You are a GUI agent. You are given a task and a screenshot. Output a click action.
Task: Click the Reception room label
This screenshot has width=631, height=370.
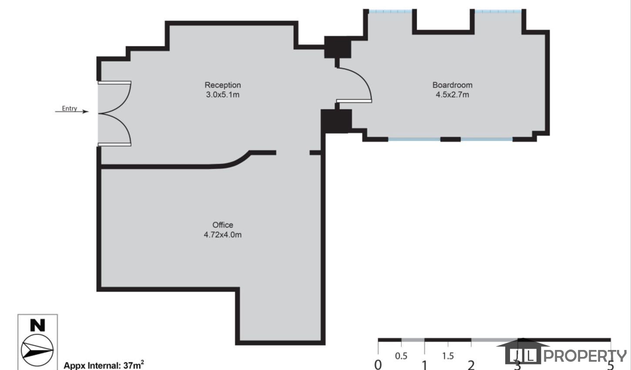coord(222,85)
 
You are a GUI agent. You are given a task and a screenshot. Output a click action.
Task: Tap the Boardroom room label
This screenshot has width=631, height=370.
coord(453,85)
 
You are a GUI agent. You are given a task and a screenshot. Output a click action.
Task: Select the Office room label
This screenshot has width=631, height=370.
coord(222,225)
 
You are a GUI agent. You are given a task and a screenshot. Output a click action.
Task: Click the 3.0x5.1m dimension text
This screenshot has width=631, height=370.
coord(222,95)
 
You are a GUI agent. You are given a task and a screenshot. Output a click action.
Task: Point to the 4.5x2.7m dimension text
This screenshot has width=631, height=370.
coord(453,95)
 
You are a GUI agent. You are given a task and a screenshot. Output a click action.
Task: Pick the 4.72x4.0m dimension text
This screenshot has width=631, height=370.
coord(222,235)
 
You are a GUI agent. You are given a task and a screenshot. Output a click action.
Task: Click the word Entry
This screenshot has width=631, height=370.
coord(69,108)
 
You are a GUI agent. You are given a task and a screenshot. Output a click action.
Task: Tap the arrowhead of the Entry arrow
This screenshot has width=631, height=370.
coord(85,111)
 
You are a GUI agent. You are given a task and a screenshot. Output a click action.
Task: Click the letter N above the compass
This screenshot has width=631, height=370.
coord(37,325)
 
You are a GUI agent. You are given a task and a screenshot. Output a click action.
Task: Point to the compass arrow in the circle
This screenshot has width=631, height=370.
coord(37,350)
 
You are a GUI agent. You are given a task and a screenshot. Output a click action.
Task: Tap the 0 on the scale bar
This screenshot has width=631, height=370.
coord(378,365)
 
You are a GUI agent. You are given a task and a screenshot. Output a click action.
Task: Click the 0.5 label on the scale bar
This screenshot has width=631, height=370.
coord(401,356)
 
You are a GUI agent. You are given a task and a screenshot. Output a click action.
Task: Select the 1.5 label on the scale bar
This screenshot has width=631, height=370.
coord(448,356)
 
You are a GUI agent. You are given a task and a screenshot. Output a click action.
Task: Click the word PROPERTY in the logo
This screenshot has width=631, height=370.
coord(585,356)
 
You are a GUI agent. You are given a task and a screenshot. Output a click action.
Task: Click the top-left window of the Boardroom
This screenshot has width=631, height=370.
coord(390,12)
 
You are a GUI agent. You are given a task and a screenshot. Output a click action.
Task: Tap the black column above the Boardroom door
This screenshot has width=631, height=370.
coord(338,47)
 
